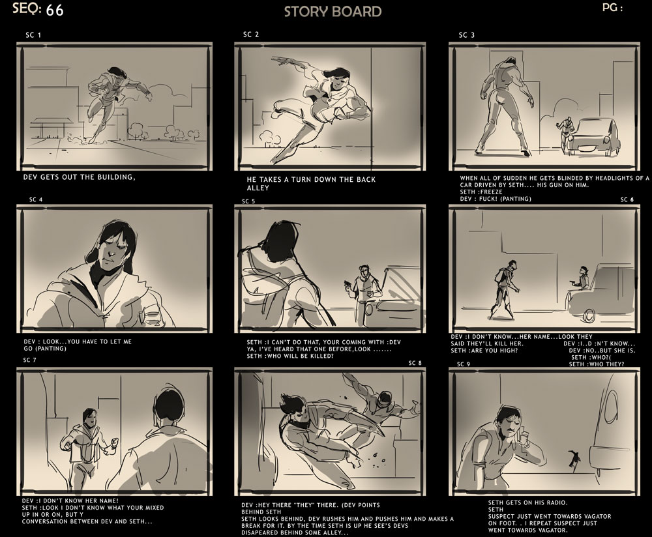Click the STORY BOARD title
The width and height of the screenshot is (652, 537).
coord(333,11)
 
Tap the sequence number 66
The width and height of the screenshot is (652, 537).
coord(55,10)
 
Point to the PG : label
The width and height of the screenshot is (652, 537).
coord(612,7)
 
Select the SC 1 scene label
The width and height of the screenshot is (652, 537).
coord(33,35)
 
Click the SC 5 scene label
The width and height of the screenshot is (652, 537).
coord(248,201)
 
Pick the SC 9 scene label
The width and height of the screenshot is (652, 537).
coord(464,364)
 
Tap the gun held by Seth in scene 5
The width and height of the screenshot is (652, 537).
coord(348,284)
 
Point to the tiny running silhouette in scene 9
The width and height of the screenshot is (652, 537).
coord(574,460)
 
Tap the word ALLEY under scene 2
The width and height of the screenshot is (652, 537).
coord(258,188)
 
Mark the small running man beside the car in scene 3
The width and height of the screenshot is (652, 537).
coord(564,132)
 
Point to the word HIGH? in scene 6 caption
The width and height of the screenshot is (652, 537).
coord(507,351)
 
